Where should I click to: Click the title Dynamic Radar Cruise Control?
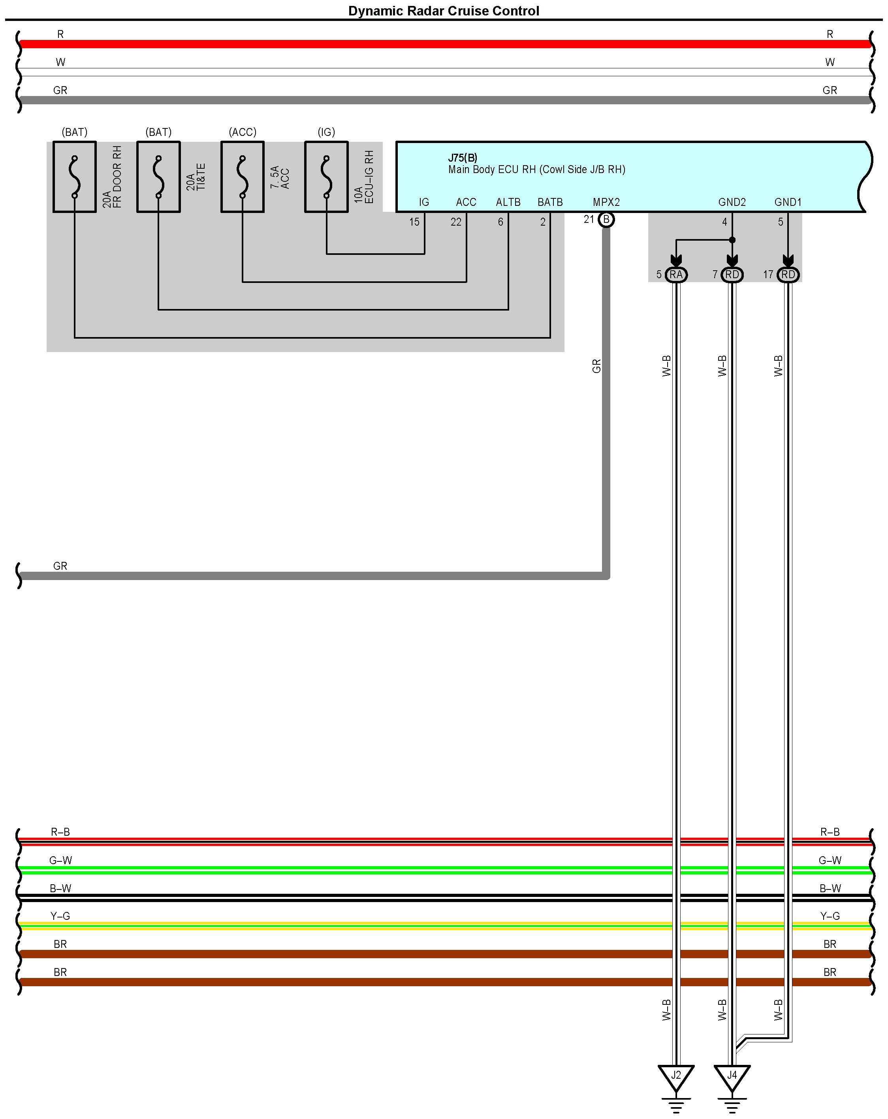click(443, 11)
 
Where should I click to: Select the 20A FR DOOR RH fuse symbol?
click(75, 177)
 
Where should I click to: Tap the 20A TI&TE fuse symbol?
click(158, 177)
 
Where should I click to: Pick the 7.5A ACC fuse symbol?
click(243, 177)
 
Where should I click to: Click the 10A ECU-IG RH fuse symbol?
click(326, 177)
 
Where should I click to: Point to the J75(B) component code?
click(463, 158)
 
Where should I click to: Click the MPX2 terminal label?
click(606, 202)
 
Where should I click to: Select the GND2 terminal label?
click(732, 202)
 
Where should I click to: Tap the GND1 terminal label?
click(788, 202)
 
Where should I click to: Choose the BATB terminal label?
click(550, 202)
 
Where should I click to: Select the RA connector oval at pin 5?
click(676, 275)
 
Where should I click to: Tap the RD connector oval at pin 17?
click(788, 275)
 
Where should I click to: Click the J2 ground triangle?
click(676, 1077)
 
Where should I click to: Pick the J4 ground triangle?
click(732, 1077)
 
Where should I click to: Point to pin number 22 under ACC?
click(456, 222)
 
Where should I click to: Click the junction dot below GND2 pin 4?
click(732, 240)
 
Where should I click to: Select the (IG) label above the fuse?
click(326, 132)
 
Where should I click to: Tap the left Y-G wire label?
click(60, 916)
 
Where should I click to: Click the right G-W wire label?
click(830, 860)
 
